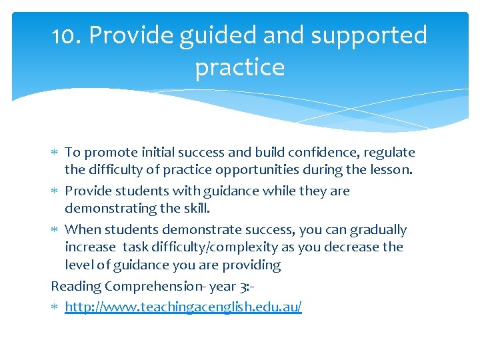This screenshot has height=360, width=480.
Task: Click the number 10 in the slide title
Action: pyautogui.click(x=65, y=35)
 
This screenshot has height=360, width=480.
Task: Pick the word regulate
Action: pyautogui.click(x=389, y=153)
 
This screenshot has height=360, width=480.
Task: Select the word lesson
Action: pyautogui.click(x=392, y=169)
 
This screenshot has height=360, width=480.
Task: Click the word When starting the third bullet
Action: pyautogui.click(x=83, y=230)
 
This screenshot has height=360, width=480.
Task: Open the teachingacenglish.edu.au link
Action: pyautogui.click(x=183, y=307)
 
